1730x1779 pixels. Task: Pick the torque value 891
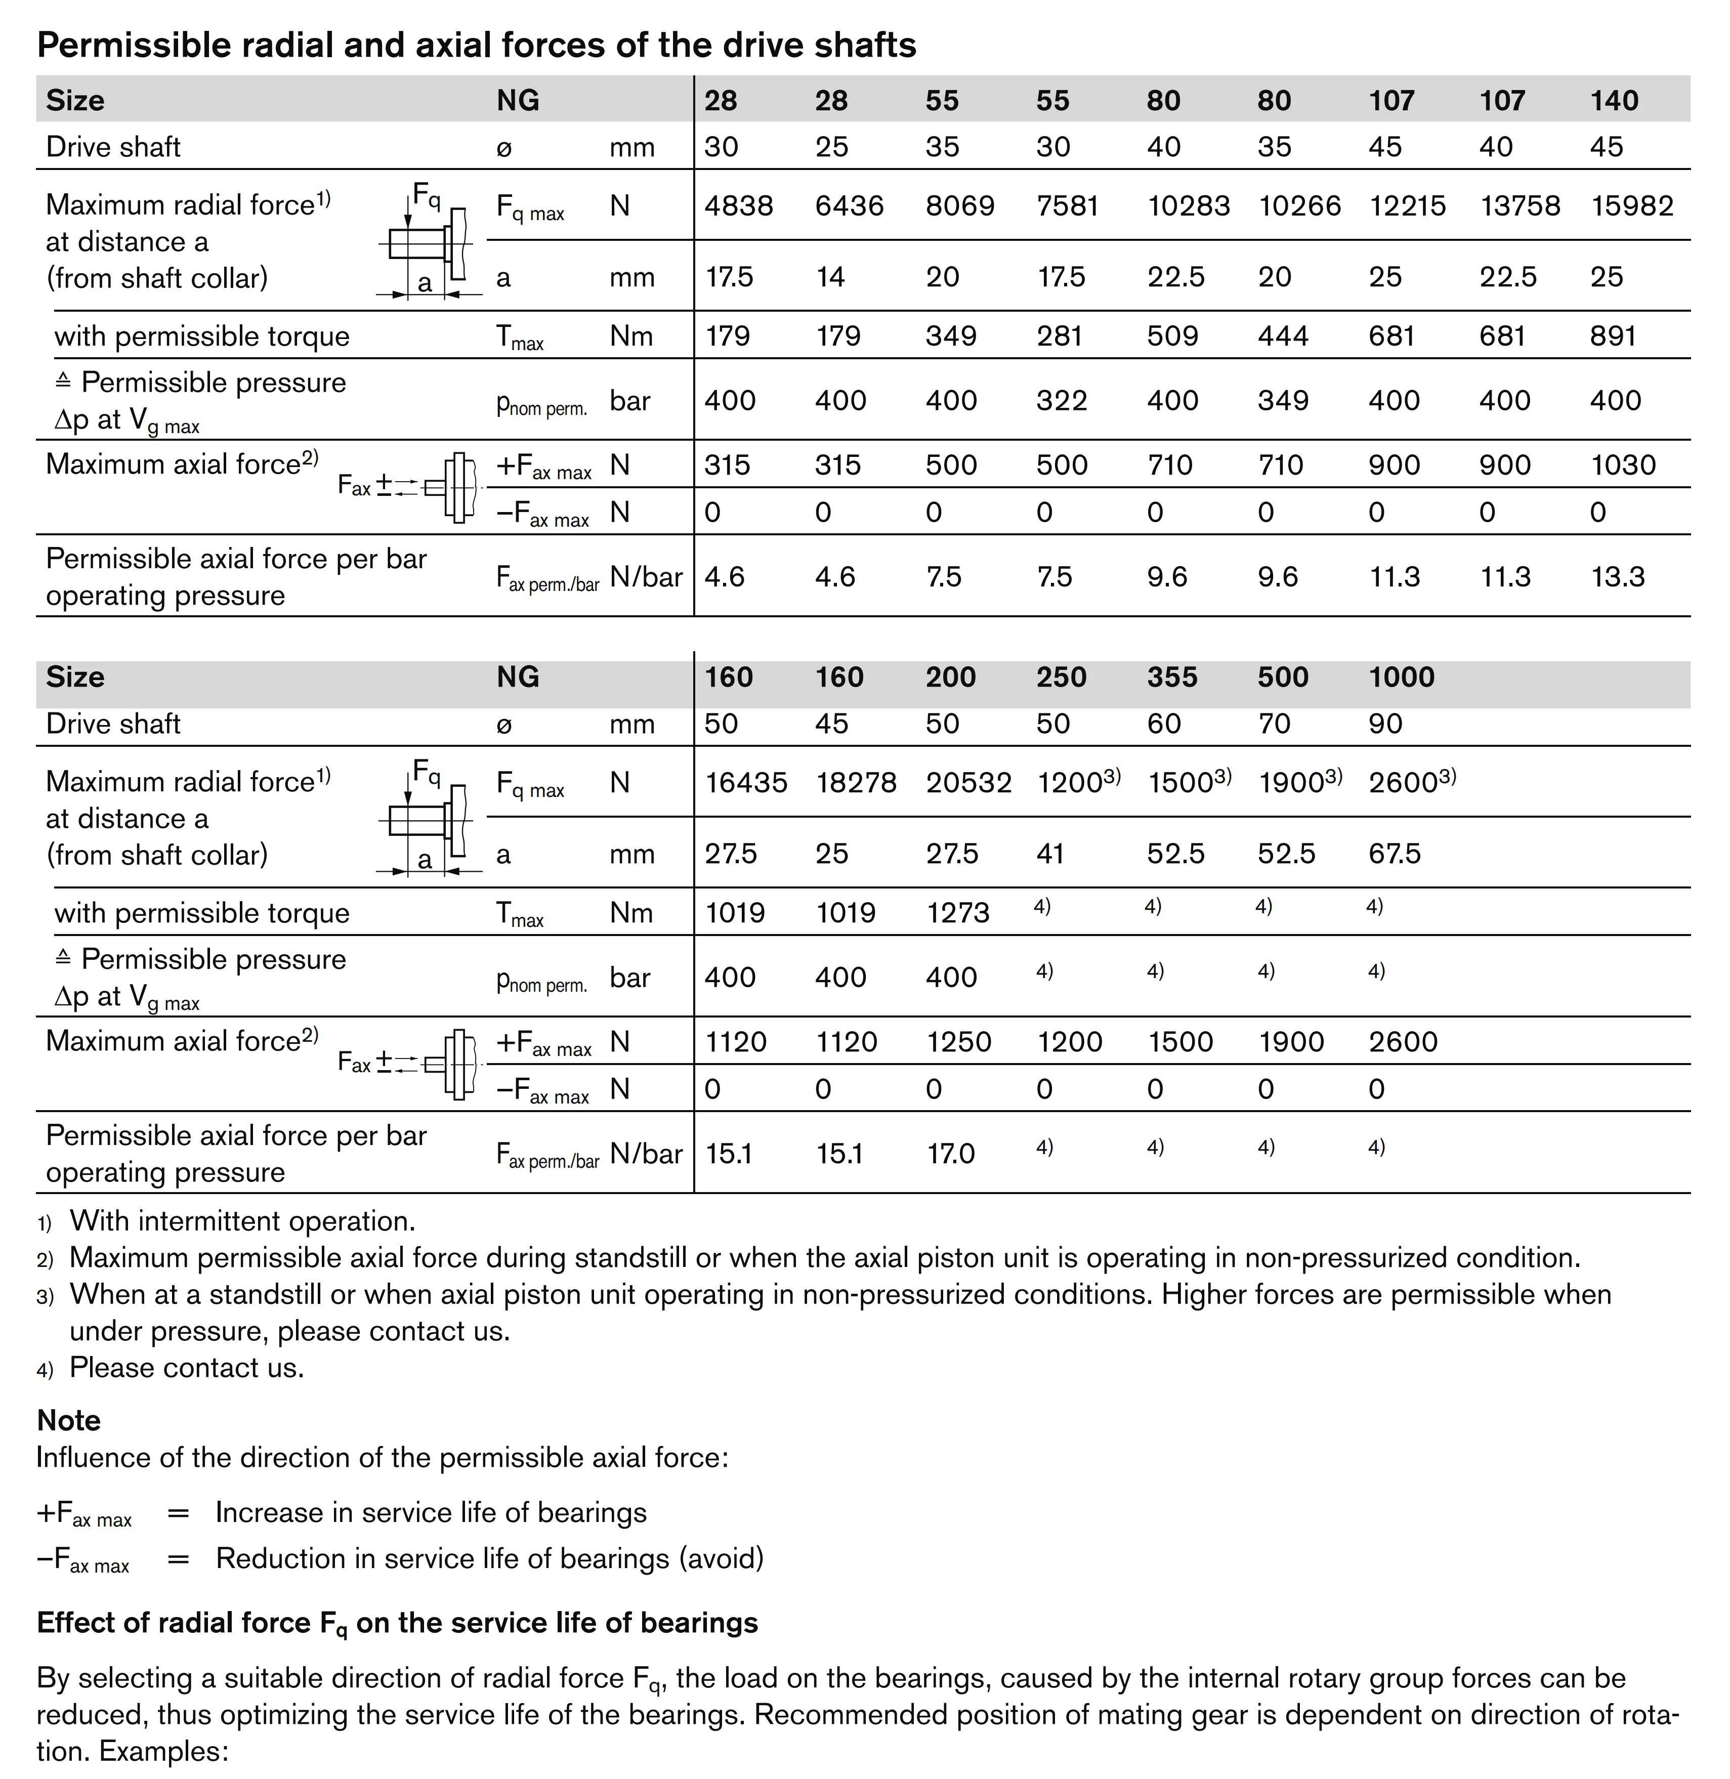click(1612, 336)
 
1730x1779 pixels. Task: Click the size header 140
click(1614, 100)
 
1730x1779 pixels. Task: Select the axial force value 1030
click(1623, 465)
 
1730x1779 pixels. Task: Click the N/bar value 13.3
click(1617, 577)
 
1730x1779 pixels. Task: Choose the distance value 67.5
click(1394, 854)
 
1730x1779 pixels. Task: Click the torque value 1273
click(957, 913)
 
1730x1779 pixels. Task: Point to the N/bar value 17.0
click(949, 1154)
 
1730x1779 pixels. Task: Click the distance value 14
click(829, 277)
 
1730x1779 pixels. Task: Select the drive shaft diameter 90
click(1385, 724)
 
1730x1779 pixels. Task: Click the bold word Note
click(68, 1420)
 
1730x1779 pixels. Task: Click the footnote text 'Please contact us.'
click(186, 1368)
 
